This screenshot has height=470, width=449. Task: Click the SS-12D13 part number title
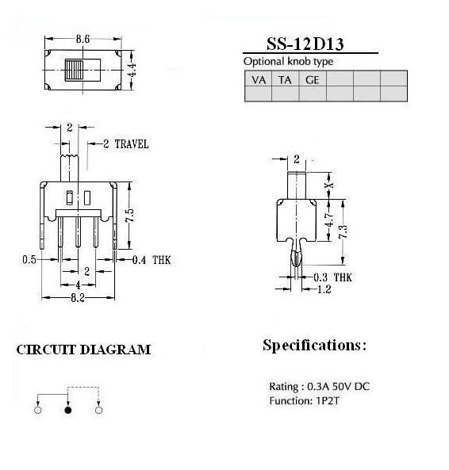coord(305,44)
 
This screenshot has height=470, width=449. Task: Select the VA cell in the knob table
coord(259,80)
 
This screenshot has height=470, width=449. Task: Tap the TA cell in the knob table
coord(285,80)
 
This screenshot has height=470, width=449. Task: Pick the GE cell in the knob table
coord(313,80)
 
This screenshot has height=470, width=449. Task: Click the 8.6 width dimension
coord(83,39)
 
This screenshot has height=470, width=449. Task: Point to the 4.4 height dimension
coord(132,70)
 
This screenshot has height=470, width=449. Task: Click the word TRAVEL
coord(132,144)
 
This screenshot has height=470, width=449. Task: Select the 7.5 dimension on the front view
coord(129,215)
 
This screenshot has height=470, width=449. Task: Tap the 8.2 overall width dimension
coord(78,298)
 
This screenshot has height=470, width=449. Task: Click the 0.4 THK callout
coord(152,260)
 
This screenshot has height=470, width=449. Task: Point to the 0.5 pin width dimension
coord(29,260)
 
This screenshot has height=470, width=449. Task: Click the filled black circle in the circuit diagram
coord(68,410)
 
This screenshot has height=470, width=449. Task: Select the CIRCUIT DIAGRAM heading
coord(83,350)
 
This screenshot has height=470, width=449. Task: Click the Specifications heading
coord(315,346)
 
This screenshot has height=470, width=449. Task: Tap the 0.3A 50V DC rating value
coord(338,386)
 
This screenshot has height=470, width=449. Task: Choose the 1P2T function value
coord(328,401)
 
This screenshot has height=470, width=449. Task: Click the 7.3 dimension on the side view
coord(343,231)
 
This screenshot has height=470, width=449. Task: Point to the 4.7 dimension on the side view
coord(329,220)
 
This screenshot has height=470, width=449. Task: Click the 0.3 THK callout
coord(332,277)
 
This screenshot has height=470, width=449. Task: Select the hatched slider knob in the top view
coord(74,70)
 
